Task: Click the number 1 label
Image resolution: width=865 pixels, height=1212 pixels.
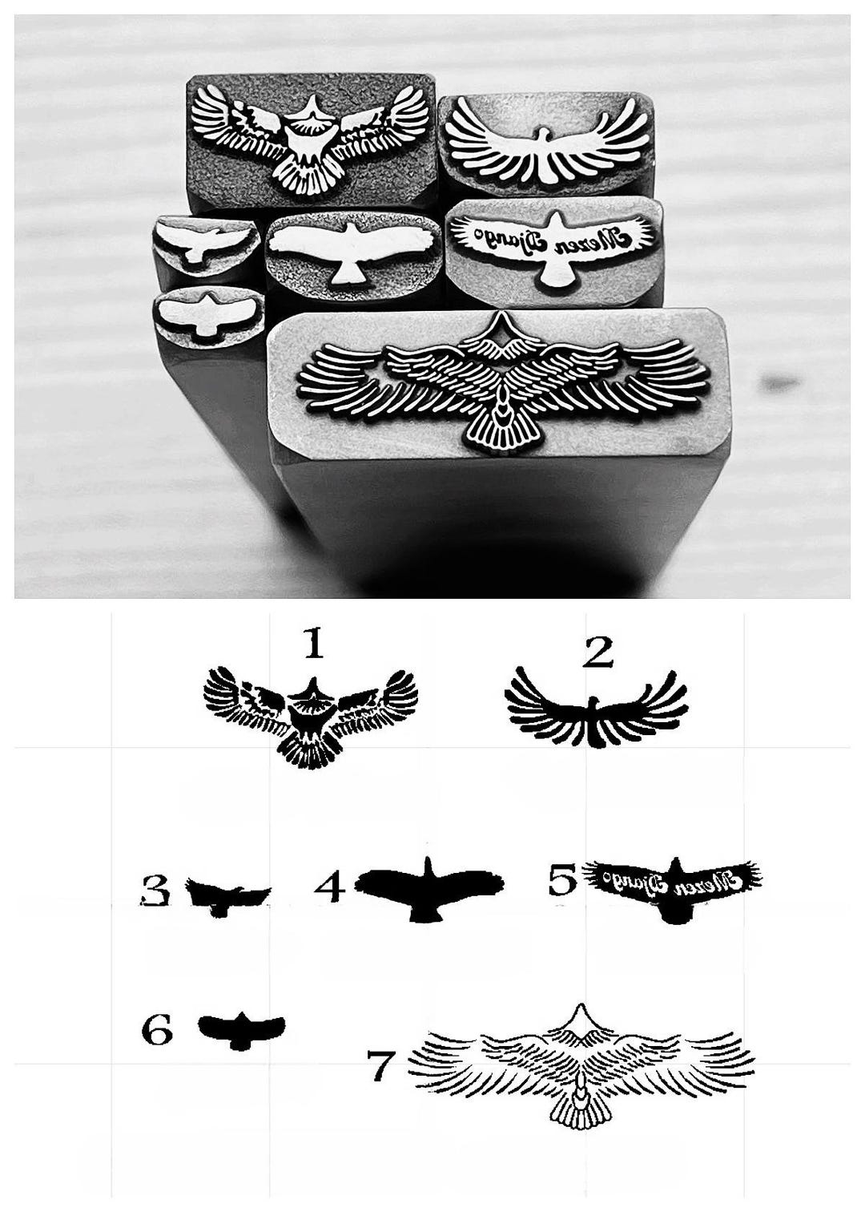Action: tap(312, 643)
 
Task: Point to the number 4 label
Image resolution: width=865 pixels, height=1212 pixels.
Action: tap(330, 887)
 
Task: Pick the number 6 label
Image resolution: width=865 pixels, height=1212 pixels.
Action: tap(157, 1029)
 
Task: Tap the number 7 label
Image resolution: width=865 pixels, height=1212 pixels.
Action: tap(381, 1065)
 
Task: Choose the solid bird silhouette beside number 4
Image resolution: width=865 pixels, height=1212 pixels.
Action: tap(429, 887)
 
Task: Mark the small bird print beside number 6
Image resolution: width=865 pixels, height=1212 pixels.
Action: tap(240, 1028)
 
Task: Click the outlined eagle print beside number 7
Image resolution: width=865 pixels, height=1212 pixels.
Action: tap(581, 1074)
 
